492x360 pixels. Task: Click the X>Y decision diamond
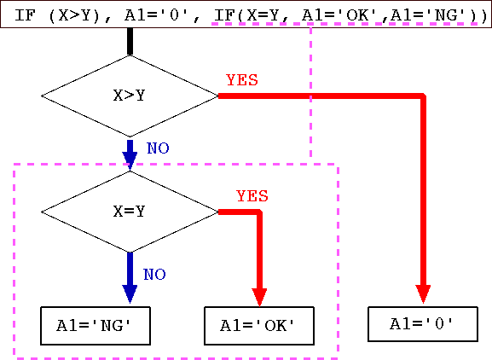130,96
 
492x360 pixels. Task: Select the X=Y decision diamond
130,212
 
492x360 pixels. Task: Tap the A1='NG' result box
96,326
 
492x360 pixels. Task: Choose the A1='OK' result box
259,326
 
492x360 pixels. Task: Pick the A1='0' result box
423,324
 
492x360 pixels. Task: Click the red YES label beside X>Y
242,80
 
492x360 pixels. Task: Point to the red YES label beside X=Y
252,196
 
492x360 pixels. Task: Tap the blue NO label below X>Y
158,148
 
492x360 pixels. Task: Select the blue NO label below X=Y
154,275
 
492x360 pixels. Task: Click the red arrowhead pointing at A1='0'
423,294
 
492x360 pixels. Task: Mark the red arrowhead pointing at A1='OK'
259,298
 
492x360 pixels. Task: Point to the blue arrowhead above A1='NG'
130,294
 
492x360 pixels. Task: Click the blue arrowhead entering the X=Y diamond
130,161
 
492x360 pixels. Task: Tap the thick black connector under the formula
130,42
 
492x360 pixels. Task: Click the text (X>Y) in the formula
74,15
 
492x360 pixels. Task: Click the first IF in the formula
24,15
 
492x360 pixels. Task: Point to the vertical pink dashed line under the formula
310,93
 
